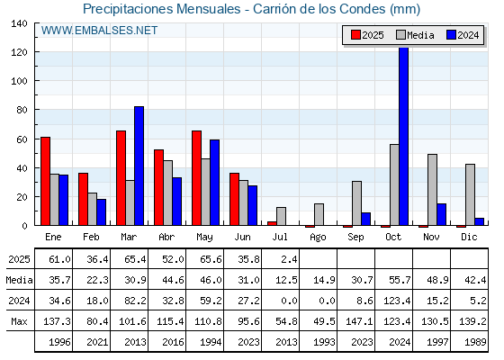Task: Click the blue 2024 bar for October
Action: [x=404, y=136]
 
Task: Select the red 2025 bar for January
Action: [x=45, y=181]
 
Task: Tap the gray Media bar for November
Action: [x=432, y=190]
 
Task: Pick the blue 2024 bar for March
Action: [x=139, y=166]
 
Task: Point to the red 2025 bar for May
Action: [x=197, y=178]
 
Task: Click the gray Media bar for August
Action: [x=319, y=214]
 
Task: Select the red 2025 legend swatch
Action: [x=355, y=35]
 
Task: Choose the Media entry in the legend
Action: [x=415, y=35]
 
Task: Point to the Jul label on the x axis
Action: [x=280, y=238]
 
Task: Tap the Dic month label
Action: [x=469, y=238]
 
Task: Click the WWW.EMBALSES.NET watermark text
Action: [x=99, y=31]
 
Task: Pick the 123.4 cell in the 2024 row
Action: [x=397, y=301]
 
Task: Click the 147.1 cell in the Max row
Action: [x=359, y=321]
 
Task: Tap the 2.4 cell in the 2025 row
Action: [x=289, y=259]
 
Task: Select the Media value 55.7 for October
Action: [x=400, y=280]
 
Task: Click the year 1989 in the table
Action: [x=475, y=342]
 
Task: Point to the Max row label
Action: [x=19, y=321]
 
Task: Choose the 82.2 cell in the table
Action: [x=135, y=301]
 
